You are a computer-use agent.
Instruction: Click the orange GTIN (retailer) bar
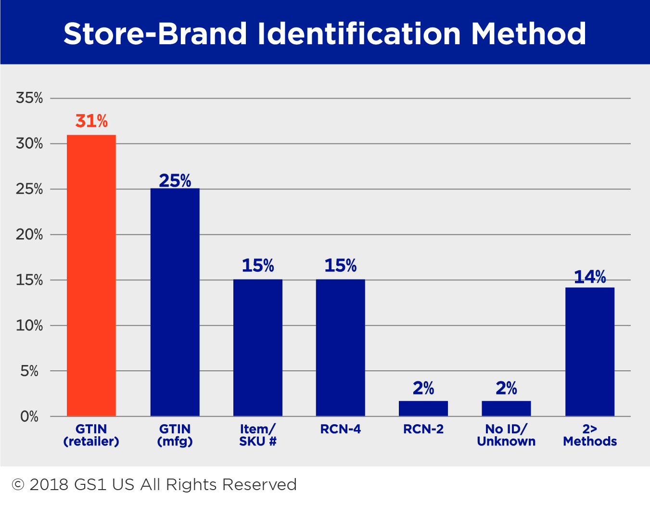coord(91,276)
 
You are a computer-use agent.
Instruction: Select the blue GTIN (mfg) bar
coord(175,302)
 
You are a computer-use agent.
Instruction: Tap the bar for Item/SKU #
coord(258,348)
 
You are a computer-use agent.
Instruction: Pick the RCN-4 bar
coord(341,348)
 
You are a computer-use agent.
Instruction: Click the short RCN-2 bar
coord(423,409)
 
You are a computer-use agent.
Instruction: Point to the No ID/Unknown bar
coord(506,409)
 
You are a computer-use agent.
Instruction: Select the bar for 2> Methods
coord(590,352)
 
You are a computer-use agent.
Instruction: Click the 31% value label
coord(91,121)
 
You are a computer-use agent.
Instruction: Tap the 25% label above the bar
coord(175,181)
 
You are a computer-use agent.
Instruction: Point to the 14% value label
coord(590,277)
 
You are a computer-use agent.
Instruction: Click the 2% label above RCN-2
coord(423,388)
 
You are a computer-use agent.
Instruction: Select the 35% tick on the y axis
coord(29,98)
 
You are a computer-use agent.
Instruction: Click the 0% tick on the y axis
coord(29,417)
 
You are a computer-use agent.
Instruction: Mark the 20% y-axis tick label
coord(29,235)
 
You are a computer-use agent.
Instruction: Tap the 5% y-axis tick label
coord(29,371)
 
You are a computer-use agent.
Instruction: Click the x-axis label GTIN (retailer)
coord(91,435)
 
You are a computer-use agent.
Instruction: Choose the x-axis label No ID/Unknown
coord(506,435)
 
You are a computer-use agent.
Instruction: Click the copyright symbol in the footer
coord(18,484)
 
